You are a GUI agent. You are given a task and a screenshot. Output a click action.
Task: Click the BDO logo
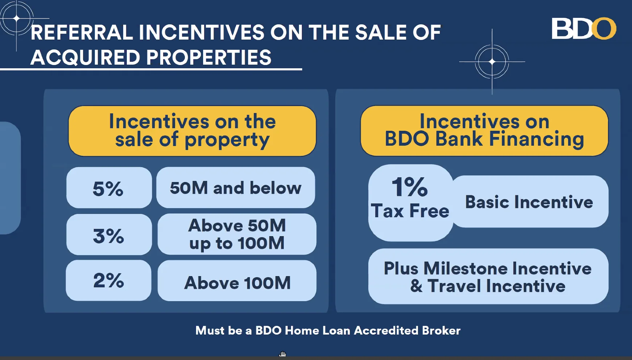(584, 28)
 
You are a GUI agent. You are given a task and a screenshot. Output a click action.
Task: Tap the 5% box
(109, 187)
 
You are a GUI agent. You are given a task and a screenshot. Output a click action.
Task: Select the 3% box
(109, 234)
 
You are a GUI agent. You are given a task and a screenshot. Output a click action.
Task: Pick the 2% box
(109, 280)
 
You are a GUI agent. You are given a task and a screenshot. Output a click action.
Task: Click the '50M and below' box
(236, 187)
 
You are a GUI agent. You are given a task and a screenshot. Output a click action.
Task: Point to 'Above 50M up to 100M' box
(237, 234)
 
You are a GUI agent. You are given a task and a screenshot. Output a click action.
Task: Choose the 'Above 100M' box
(237, 280)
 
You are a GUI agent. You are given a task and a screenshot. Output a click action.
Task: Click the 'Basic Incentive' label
(529, 202)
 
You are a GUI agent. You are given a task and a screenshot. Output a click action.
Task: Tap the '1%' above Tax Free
(410, 187)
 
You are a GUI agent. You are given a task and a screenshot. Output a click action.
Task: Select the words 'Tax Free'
(410, 211)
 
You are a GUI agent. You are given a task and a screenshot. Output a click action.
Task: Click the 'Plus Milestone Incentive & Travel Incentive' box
(488, 276)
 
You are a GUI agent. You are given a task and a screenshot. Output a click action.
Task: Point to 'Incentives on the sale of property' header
(192, 131)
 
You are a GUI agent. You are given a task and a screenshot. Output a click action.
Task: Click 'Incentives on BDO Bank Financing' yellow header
(484, 131)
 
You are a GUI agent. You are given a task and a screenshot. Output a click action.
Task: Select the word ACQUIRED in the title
(85, 58)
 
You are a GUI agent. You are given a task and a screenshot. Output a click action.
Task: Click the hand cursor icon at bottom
(283, 354)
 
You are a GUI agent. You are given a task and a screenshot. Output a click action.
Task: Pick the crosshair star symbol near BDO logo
(492, 62)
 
